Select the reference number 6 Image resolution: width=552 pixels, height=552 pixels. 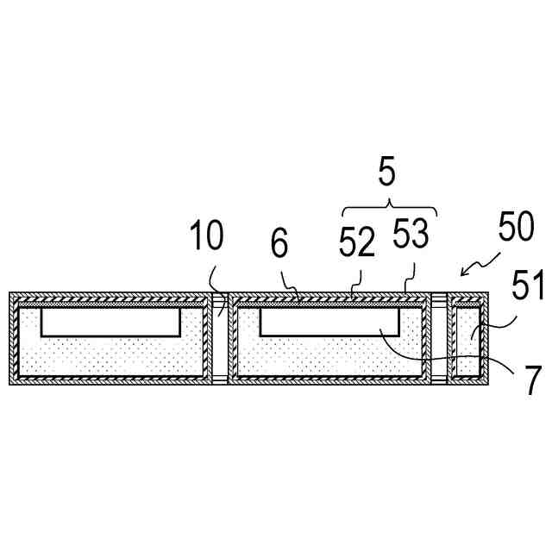click(279, 245)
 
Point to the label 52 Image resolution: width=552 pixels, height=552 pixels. click(356, 245)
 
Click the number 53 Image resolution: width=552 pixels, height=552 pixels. click(410, 235)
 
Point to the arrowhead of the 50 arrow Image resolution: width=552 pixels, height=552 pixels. click(464, 274)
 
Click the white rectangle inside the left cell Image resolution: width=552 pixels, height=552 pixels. click(110, 322)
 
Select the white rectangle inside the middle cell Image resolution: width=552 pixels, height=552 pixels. click(329, 322)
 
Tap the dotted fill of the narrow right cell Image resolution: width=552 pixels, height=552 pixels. click(466, 345)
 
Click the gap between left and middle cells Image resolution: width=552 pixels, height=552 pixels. click(219, 338)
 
